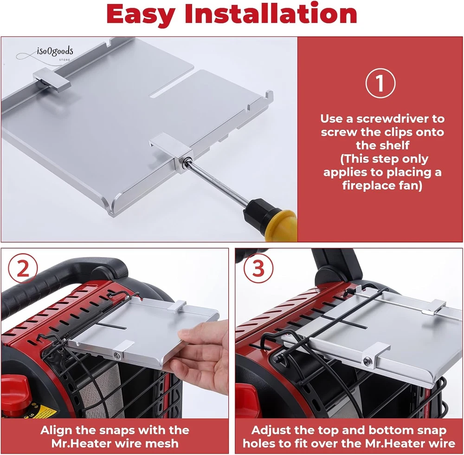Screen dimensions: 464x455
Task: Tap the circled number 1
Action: (380, 83)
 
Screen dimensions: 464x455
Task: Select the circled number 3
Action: (258, 269)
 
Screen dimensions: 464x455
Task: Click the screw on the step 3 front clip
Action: (367, 361)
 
